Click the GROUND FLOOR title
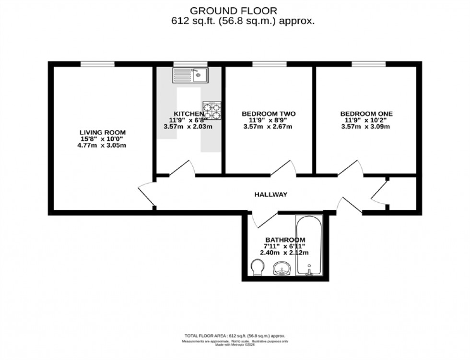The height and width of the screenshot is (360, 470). (x=234, y=10)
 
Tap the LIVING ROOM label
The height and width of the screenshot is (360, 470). (x=103, y=132)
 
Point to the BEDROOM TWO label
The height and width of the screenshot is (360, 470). (x=269, y=114)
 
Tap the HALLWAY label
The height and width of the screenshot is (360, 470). (x=270, y=194)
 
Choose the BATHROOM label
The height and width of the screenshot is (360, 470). (x=285, y=239)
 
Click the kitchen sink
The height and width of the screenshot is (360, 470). (x=189, y=75)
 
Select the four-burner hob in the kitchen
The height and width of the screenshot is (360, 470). (x=211, y=110)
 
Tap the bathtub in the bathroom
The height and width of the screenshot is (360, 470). (x=310, y=247)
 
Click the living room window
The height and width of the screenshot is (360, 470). (x=97, y=64)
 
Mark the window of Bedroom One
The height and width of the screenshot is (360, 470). (x=368, y=64)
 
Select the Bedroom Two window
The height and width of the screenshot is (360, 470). (x=269, y=64)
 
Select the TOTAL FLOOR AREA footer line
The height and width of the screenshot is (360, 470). (x=235, y=336)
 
